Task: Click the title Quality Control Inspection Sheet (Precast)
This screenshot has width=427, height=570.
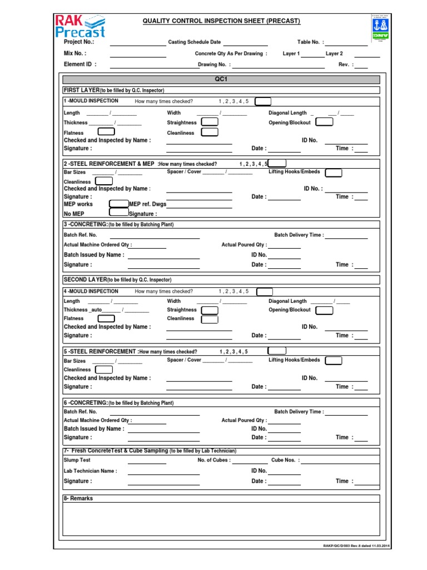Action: pos(221,21)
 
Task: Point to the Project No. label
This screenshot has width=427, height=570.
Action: pos(79,42)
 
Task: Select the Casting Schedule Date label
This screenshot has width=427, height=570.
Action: pos(194,42)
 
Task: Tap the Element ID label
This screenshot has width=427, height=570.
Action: pos(80,65)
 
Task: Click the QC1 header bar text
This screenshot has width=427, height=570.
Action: pos(221,80)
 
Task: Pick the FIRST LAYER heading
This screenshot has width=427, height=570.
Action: pos(81,90)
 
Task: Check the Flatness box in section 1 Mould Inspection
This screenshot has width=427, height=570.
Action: pos(106,132)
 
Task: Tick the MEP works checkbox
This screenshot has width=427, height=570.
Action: pos(118,204)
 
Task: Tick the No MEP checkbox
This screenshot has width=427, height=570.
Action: pos(118,212)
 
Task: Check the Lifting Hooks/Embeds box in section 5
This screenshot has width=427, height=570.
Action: pos(333,361)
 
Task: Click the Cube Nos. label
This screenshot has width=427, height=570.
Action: pos(285,460)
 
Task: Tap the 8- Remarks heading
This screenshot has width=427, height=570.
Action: pos(78,498)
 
